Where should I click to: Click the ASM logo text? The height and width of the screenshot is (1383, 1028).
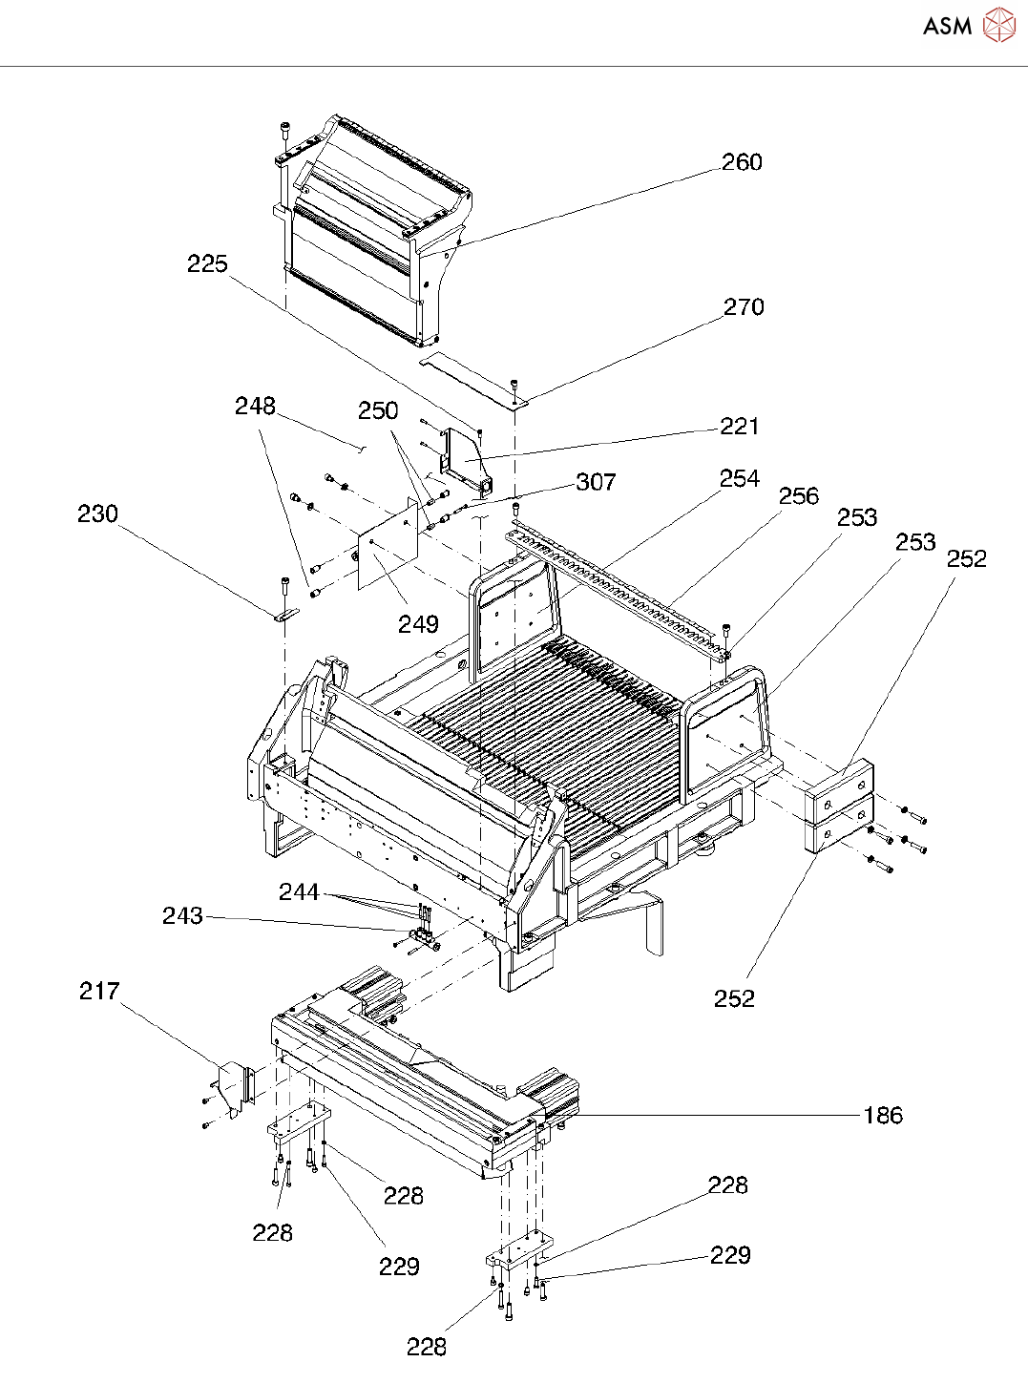click(947, 27)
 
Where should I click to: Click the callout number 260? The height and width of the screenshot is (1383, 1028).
click(742, 162)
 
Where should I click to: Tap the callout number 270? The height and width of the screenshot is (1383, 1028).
click(744, 307)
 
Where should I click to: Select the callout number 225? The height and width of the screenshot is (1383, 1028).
click(207, 263)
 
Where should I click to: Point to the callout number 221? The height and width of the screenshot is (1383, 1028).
click(740, 427)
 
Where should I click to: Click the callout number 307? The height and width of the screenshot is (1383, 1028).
click(596, 483)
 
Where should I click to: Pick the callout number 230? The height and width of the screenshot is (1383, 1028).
click(97, 514)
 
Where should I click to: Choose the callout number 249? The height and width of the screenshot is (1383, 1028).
click(418, 624)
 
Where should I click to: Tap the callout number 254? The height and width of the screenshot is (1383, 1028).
click(740, 479)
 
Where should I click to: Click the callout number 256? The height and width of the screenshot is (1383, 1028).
click(799, 496)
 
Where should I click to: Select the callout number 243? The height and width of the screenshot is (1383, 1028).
click(182, 916)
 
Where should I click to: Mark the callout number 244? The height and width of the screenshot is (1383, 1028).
click(299, 892)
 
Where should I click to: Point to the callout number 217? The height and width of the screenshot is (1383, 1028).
click(99, 992)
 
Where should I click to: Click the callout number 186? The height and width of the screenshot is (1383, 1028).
click(883, 1116)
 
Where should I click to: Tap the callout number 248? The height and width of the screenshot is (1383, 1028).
click(255, 407)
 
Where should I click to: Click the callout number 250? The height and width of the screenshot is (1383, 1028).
click(378, 411)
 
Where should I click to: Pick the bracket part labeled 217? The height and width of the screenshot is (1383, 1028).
click(232, 1088)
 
